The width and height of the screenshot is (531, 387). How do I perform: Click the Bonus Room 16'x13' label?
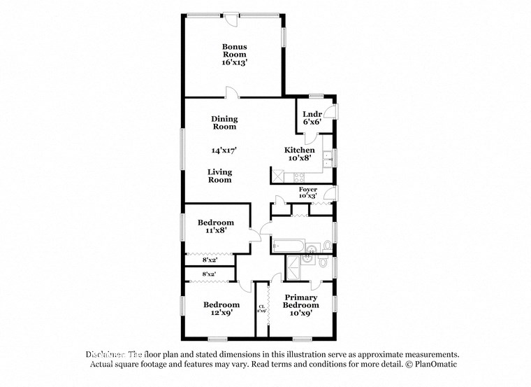pos(235,54)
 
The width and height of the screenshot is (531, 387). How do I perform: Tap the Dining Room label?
pos(224,122)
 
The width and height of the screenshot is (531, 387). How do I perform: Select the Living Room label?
pos(219,176)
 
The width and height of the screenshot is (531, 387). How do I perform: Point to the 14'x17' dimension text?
pos(224,150)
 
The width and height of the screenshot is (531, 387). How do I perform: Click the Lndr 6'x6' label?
pos(312,118)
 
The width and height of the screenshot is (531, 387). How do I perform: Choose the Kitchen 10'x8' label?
pos(299,154)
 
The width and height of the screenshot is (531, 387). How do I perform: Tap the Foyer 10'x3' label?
pos(307,192)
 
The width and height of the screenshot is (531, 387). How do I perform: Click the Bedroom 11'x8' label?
pos(216,225)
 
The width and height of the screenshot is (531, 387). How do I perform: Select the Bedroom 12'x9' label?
pos(221,309)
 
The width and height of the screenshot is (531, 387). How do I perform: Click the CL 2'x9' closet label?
pos(261,308)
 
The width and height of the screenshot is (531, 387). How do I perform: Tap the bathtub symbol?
pos(286,246)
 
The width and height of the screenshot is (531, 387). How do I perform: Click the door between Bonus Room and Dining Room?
pos(232,92)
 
